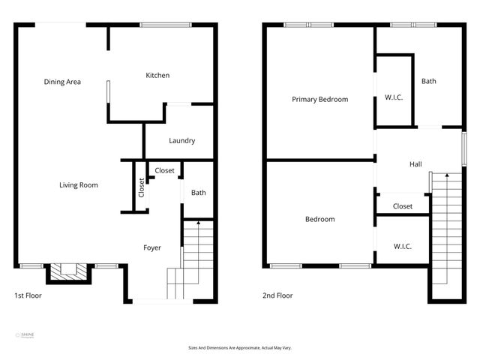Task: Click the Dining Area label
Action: click(x=62, y=82)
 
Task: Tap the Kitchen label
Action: click(x=157, y=75)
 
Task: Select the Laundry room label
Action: click(x=181, y=140)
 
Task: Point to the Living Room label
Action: click(x=79, y=185)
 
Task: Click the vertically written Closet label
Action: click(x=141, y=187)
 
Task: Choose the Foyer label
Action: click(x=152, y=247)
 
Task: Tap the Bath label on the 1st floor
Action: click(x=198, y=193)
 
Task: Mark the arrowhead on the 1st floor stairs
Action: click(x=198, y=223)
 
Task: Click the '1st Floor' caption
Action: click(x=28, y=295)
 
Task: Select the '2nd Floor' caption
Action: click(x=277, y=295)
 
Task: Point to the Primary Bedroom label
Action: click(x=319, y=99)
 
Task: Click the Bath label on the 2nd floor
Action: click(x=428, y=82)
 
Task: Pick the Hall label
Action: click(x=415, y=164)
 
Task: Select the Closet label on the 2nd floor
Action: click(x=403, y=206)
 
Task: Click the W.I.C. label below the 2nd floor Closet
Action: click(x=402, y=246)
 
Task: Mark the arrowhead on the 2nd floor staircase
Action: click(x=447, y=175)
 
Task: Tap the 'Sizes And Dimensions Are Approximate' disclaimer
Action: click(x=239, y=348)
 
